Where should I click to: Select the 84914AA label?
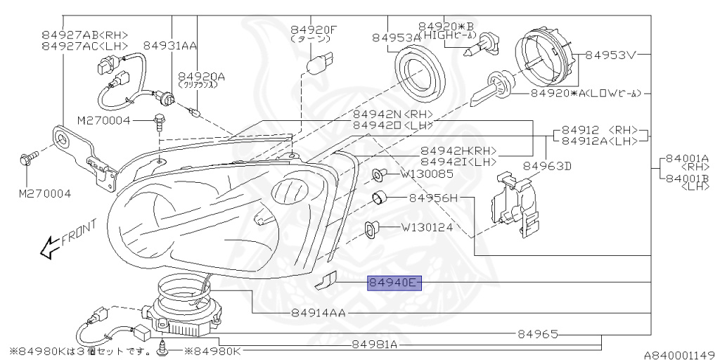[x=318, y=313]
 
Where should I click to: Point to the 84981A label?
[x=374, y=345]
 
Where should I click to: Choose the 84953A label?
[x=395, y=37]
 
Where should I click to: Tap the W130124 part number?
[x=427, y=227]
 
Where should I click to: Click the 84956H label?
[x=434, y=198]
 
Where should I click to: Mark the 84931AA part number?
[x=169, y=45]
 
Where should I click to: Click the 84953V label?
[x=610, y=55]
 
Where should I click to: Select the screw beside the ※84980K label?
[x=164, y=346]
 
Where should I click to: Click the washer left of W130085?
[x=378, y=173]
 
